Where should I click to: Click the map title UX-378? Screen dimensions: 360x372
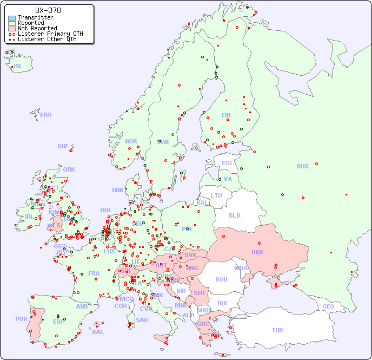tap(48, 10)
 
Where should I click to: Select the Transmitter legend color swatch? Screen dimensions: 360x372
tap(12, 18)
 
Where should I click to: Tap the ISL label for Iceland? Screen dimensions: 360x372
tap(18, 67)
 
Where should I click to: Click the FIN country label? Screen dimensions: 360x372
tap(226, 115)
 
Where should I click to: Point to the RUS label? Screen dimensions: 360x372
tap(302, 166)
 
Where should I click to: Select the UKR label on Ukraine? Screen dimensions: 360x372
tap(257, 252)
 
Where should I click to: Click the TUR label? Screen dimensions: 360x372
tap(277, 330)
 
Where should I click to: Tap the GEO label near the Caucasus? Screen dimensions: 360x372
tap(328, 306)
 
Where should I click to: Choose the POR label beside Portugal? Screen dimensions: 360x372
tap(21, 319)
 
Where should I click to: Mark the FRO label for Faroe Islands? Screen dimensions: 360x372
tap(45, 115)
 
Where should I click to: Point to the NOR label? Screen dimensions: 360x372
tap(131, 141)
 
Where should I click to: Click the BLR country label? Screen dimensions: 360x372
tap(234, 215)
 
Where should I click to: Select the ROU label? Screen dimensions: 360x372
tap(221, 279)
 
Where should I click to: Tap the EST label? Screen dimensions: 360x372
tap(227, 163)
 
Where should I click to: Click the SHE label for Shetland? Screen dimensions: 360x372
tap(63, 146)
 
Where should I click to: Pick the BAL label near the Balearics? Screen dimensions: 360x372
tap(97, 332)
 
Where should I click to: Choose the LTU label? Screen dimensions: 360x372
tap(216, 195)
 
